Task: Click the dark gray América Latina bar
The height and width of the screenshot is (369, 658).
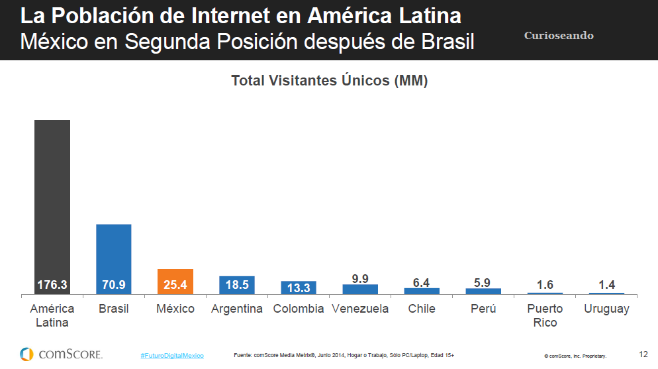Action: point(52,205)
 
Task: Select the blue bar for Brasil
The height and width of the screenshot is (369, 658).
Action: point(114,258)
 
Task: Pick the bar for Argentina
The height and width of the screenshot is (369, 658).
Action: point(237,285)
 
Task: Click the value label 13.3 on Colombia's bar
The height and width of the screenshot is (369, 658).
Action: point(299,288)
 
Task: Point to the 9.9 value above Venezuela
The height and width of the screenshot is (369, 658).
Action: point(360,278)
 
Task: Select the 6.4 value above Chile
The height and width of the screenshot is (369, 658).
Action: point(422,283)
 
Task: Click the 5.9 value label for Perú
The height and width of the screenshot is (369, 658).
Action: point(483,283)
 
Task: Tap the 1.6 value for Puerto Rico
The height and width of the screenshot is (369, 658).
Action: point(545,285)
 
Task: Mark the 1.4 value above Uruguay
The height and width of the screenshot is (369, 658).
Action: point(606,285)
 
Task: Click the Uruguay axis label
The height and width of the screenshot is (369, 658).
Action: point(606,309)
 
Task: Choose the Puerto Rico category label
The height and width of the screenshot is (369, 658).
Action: point(545,315)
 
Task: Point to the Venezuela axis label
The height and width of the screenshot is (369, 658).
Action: point(360,309)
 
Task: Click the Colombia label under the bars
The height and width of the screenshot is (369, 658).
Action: point(299,309)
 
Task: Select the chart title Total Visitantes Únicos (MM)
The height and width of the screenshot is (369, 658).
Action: point(329,81)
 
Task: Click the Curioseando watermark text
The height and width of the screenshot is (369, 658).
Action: point(559,36)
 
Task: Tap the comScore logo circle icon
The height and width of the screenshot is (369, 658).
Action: point(26,354)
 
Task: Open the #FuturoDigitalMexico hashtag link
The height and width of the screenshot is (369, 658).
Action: point(172,356)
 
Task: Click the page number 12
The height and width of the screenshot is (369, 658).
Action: point(643,354)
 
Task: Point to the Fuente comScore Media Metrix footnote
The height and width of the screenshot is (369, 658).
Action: point(344,355)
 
